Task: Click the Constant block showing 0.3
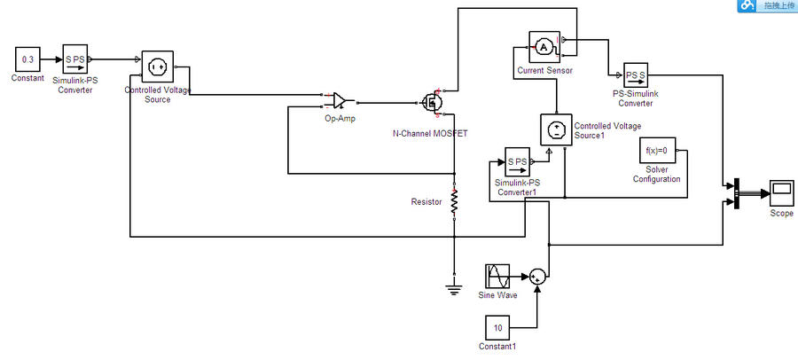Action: [27, 60]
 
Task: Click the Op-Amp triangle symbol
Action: [340, 100]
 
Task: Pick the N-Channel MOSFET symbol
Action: [433, 102]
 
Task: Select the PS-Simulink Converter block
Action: [635, 74]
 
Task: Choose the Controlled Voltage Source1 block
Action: [556, 130]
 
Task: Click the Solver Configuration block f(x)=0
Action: [657, 151]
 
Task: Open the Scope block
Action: [781, 192]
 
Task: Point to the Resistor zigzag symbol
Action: [454, 201]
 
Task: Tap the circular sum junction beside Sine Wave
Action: [536, 277]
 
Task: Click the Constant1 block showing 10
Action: [497, 327]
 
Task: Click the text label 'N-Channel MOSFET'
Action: [429, 133]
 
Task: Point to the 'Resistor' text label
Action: [426, 202]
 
